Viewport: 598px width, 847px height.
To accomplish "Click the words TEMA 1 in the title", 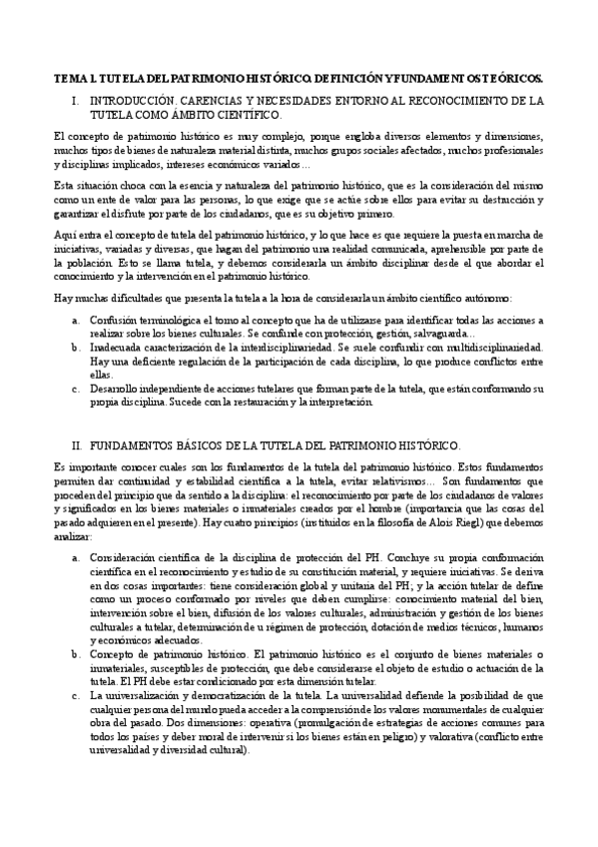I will [73, 77].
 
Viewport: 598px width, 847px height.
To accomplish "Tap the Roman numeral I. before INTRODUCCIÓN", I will [77, 101].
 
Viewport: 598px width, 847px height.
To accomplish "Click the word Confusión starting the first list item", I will [113, 319].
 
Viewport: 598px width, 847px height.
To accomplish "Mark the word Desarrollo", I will [113, 388].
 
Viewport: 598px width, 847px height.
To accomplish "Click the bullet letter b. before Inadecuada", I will [76, 347].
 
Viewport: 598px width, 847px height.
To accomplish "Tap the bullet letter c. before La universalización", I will [76, 694].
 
